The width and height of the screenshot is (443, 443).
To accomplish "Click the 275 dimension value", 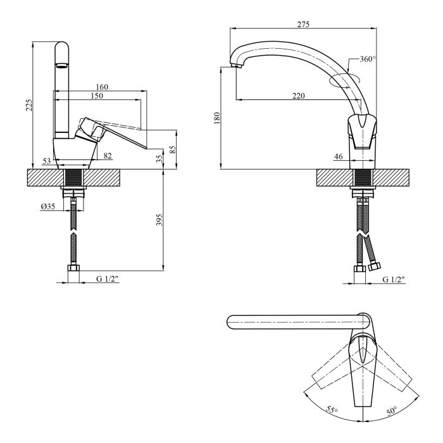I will [x=304, y=24].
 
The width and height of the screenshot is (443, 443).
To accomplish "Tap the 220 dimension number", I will [x=299, y=96].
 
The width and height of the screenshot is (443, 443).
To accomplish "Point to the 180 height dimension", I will [x=216, y=117].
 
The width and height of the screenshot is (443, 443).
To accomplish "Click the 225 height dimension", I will [x=28, y=104].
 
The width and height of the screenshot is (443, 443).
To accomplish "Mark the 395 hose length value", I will [x=159, y=220].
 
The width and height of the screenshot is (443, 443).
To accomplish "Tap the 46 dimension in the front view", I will [x=339, y=156].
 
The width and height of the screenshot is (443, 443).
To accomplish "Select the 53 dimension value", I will [x=47, y=161].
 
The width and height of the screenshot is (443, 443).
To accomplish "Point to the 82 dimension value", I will [x=107, y=156].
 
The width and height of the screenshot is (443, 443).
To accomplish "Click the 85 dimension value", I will [x=173, y=149].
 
